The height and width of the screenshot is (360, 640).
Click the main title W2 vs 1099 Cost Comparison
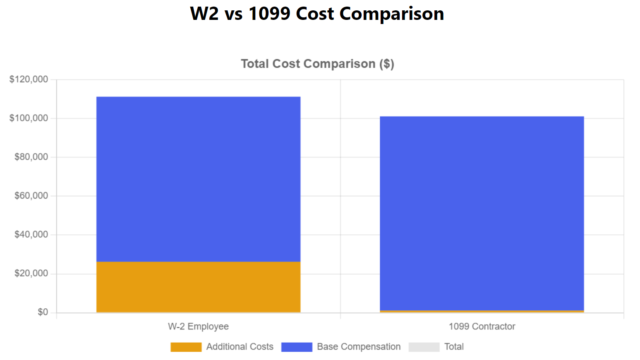(x=317, y=14)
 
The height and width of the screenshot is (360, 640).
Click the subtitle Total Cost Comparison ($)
(x=317, y=64)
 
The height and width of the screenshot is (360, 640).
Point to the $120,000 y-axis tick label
(x=29, y=79)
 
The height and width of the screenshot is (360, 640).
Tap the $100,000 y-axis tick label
(x=29, y=118)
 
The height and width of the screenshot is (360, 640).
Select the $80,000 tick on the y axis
(x=31, y=157)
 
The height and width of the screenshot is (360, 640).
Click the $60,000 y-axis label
(x=31, y=196)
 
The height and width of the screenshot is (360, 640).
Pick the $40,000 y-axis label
(x=31, y=235)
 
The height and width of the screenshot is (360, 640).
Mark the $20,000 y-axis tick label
(x=31, y=274)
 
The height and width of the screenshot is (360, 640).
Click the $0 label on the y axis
(x=43, y=312)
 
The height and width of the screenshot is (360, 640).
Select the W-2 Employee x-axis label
(x=198, y=326)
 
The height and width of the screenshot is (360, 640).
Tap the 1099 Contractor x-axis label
(x=482, y=326)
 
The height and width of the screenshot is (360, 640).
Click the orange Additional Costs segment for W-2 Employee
(x=198, y=287)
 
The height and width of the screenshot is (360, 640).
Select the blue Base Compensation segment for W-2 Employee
(x=198, y=179)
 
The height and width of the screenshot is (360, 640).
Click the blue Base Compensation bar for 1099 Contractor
(x=482, y=213)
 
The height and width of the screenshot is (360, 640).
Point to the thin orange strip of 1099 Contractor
(x=482, y=311)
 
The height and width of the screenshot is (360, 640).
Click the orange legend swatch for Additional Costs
(x=186, y=347)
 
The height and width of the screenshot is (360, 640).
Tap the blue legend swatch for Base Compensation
(x=297, y=347)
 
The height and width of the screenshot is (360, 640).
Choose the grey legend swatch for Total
(x=424, y=347)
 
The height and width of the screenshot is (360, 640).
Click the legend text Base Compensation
(x=359, y=347)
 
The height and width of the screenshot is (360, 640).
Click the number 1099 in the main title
(x=269, y=14)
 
